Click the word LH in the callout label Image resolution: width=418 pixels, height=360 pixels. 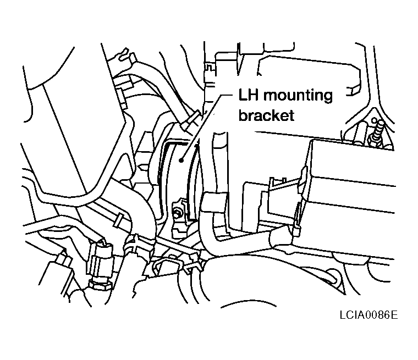(x=248, y=95)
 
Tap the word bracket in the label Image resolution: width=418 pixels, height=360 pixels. (x=266, y=115)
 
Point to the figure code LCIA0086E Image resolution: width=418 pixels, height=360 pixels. (x=369, y=315)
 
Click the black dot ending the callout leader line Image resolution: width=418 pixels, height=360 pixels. (x=182, y=160)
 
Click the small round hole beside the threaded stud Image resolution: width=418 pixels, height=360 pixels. (x=375, y=120)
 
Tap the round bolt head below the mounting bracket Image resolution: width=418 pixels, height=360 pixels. (x=177, y=212)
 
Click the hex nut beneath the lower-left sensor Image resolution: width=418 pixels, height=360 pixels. (x=99, y=285)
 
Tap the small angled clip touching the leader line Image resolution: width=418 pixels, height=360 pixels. (x=191, y=120)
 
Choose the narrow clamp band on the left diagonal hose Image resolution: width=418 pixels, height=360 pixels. (x=118, y=219)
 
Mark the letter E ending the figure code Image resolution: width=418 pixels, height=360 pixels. (x=394, y=315)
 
